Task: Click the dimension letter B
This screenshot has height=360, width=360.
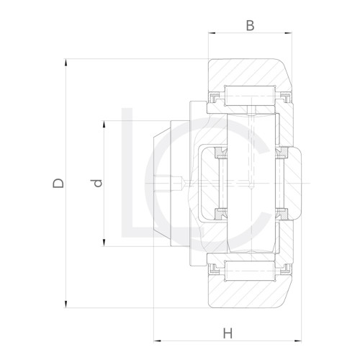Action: (250, 26)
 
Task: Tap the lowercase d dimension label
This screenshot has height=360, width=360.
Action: (99, 183)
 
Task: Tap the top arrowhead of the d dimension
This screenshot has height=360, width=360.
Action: (106, 122)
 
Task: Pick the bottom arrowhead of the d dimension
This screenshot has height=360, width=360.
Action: (106, 245)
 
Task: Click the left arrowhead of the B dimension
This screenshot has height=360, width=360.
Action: (212, 33)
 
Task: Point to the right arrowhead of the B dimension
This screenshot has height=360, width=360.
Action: (292, 33)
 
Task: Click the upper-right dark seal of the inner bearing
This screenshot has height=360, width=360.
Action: (284, 153)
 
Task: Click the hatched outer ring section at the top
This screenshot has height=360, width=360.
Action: (248, 72)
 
